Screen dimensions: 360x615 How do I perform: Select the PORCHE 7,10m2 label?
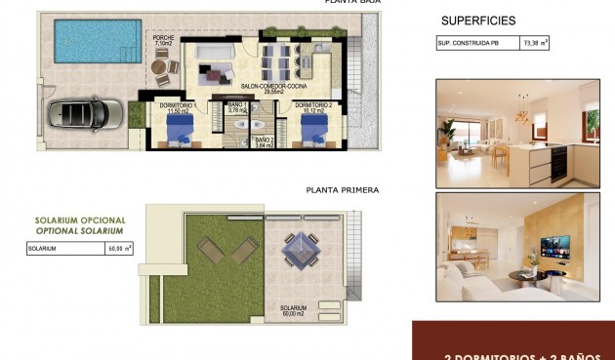click(163, 41)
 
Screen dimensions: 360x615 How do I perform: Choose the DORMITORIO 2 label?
click(307, 107)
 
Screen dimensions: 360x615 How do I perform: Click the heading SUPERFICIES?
click(478, 20)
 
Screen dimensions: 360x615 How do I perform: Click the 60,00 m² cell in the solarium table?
click(120, 249)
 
